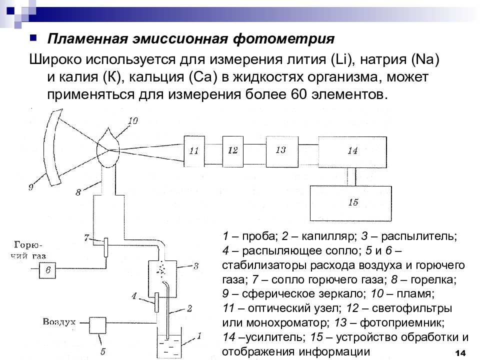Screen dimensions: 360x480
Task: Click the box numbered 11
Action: pyautogui.click(x=194, y=149)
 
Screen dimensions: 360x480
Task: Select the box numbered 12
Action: pyautogui.click(x=233, y=149)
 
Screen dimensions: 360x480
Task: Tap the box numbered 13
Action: pyautogui.click(x=280, y=148)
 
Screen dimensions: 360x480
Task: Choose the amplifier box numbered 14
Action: pyautogui.click(x=352, y=150)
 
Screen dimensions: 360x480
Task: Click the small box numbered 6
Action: pyautogui.click(x=48, y=269)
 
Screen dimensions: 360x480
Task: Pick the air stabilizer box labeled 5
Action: pyautogui.click(x=98, y=325)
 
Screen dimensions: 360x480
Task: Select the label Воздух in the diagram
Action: pyautogui.click(x=59, y=321)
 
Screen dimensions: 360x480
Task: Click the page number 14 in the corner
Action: pyautogui.click(x=460, y=352)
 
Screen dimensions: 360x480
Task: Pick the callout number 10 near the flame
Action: pyautogui.click(x=132, y=120)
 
